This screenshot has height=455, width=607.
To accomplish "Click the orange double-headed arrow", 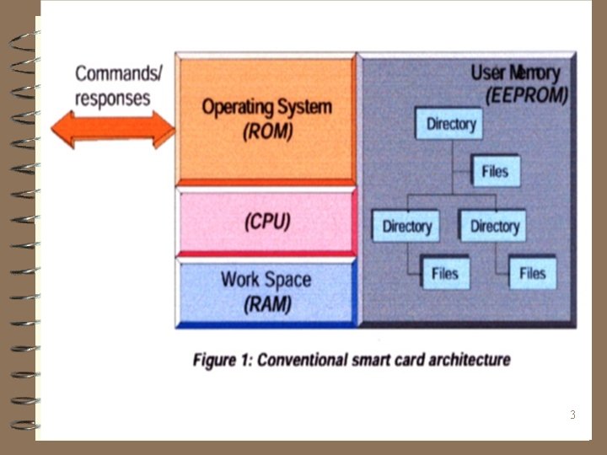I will pos(112,130).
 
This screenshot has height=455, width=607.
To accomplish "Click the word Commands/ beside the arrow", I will pos(118,73).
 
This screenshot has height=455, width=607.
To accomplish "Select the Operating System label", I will pos(266,108).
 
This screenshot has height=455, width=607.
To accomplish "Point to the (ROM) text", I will pos(267,131).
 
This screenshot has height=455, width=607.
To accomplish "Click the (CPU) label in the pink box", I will pos(267,222).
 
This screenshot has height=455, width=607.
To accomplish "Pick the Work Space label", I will pos(266,279).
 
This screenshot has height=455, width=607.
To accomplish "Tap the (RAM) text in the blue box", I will pos(267,304).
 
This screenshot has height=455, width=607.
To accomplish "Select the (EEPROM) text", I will pos(527,95).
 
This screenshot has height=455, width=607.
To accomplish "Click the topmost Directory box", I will pos(451,125).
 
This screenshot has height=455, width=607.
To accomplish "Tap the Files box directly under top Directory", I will pos(495,171).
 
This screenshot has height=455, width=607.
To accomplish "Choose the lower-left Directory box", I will pos(407,226).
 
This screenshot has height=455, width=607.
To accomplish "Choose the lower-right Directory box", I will pos(495,226).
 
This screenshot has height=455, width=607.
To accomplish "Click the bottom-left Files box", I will pos(444,273).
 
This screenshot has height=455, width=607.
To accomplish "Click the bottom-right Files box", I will pos(532,273).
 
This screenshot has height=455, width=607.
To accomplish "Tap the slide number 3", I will pos(572,415).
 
